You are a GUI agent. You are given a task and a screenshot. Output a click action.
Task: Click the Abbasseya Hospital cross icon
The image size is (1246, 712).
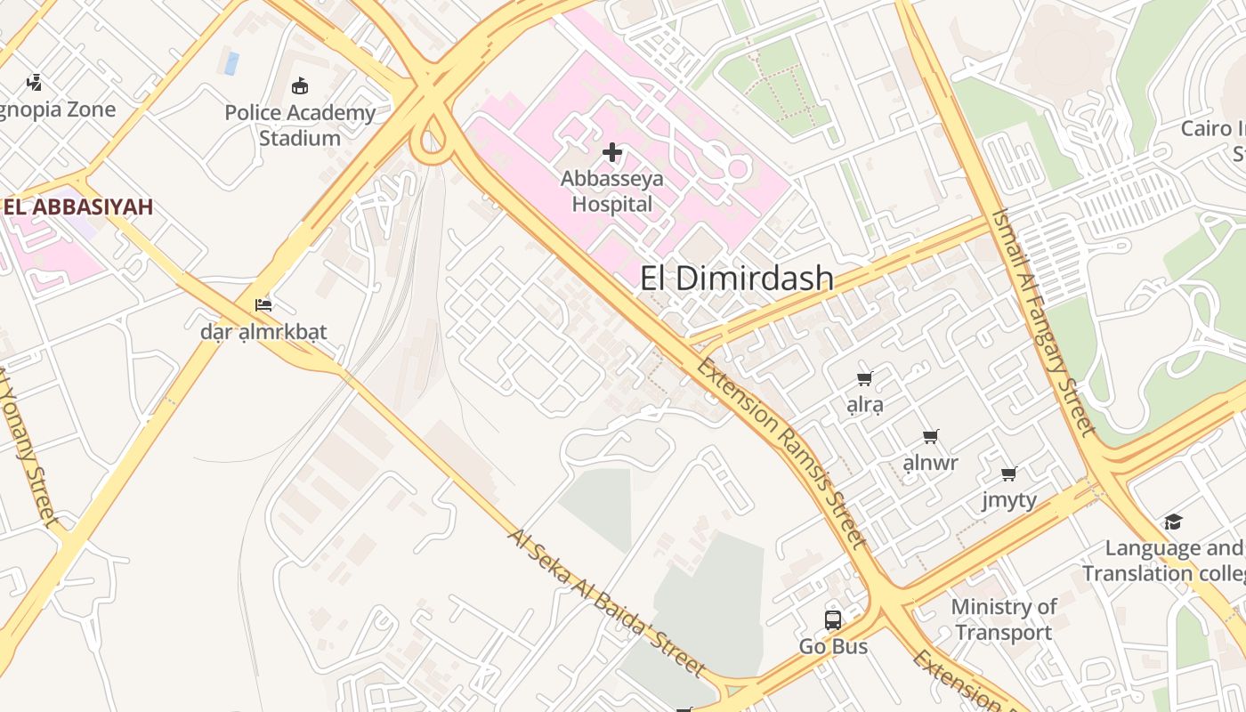612,153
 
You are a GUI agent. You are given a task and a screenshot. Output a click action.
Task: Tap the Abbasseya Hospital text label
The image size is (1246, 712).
612,191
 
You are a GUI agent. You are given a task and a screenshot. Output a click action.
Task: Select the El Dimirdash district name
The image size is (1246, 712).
737,279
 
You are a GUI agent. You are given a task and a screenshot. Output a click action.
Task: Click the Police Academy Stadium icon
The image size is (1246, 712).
300,86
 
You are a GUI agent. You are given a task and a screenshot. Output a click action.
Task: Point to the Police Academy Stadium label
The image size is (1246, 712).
300,125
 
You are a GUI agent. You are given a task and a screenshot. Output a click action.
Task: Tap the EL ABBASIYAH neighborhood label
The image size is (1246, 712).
77,206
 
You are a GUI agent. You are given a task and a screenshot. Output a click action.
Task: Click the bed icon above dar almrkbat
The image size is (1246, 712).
263,305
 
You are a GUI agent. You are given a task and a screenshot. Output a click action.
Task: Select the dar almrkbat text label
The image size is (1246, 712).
263,332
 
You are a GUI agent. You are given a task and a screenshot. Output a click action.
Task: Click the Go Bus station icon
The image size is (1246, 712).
833,620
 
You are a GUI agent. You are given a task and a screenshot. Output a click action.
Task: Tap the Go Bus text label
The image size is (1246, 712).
833,647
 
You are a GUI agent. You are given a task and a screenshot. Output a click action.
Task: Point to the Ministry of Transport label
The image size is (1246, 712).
1003,619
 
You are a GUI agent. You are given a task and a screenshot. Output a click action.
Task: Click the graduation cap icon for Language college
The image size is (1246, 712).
1174,522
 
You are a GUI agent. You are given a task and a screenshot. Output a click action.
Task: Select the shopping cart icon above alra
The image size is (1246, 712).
864,379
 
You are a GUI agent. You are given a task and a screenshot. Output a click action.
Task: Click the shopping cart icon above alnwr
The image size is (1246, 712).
931,436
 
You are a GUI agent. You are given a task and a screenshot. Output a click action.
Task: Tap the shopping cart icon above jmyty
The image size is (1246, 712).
1009,473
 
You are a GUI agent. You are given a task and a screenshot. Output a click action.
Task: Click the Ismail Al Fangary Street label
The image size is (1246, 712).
1043,322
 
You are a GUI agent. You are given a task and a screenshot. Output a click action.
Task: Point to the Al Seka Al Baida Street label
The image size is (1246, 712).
606,602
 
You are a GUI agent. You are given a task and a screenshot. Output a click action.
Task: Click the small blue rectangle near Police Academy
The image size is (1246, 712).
231,63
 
